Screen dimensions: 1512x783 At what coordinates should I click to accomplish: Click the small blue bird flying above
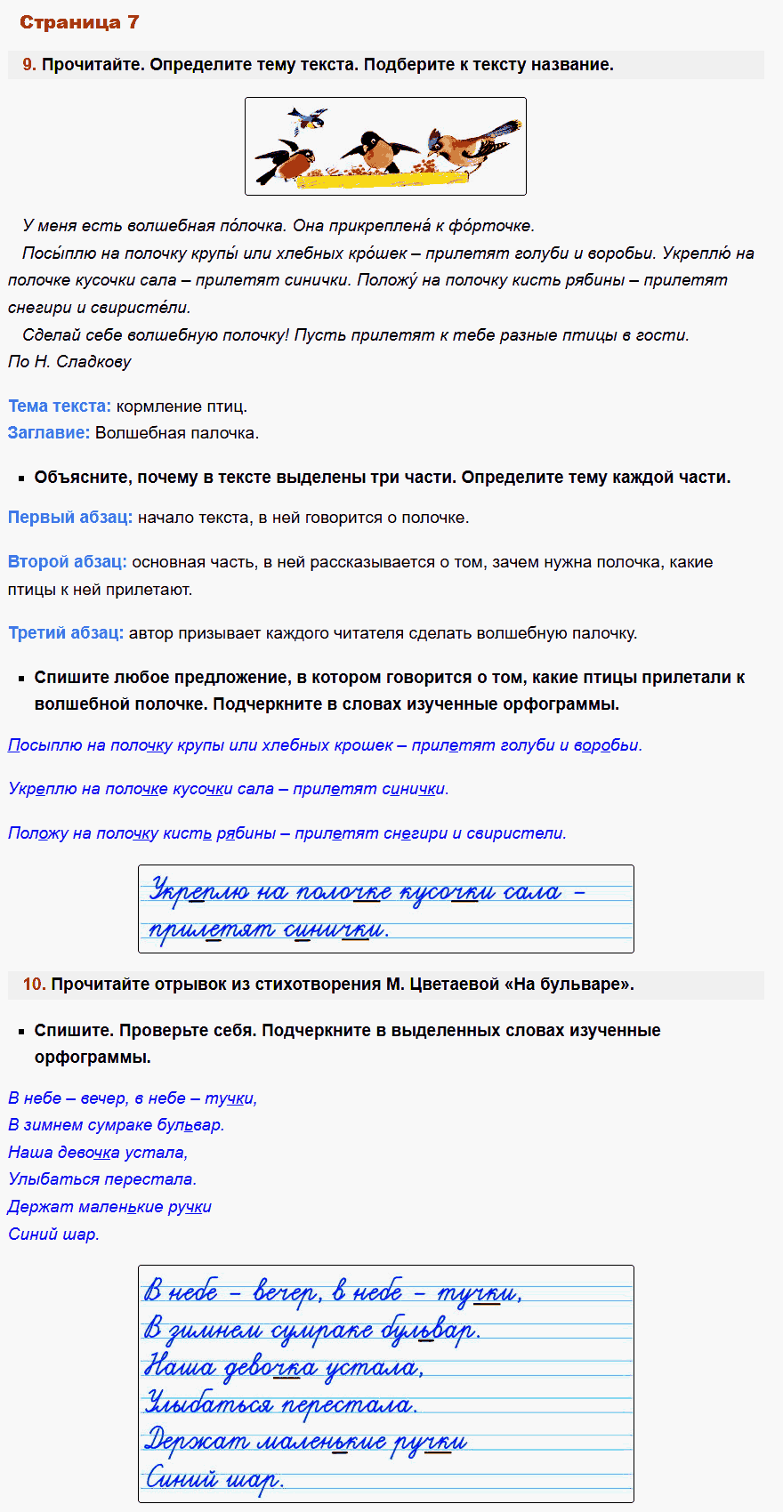point(307,119)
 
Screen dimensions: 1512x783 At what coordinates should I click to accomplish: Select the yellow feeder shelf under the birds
point(382,179)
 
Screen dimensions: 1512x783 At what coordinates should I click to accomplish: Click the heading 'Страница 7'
point(79,22)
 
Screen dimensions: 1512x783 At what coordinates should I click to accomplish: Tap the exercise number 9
point(28,64)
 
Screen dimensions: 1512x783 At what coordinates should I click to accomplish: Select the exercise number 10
point(34,984)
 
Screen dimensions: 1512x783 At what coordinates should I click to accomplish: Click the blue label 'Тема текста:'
point(60,406)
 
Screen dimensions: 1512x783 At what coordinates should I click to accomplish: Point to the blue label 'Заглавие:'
point(49,433)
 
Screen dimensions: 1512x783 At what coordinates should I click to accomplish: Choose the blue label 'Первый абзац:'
point(70,518)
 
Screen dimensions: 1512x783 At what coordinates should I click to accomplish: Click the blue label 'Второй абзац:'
point(68,562)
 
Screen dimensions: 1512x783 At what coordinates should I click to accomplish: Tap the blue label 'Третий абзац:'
point(66,633)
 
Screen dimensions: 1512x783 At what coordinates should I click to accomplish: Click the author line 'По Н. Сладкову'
point(69,362)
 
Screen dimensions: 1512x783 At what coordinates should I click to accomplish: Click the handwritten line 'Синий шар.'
point(214,1479)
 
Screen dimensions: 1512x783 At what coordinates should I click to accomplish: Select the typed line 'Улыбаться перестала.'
point(102,1179)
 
